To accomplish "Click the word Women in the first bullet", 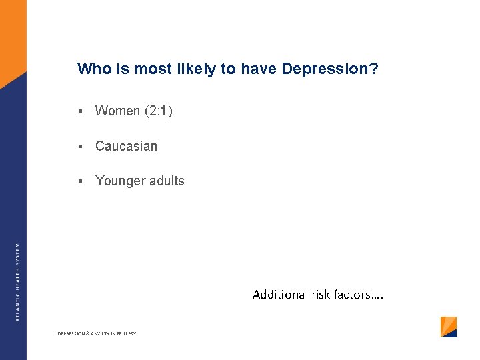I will pos(117,111).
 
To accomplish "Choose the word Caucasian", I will pos(127,146).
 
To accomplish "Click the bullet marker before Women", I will pos(79,111).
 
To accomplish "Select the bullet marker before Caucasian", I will pos(79,146).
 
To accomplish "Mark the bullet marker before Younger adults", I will pos(79,181).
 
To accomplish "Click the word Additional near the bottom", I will pos(280,294).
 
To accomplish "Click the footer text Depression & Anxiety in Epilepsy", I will pos(97,333).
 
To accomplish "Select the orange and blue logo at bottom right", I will pos(449,327).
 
